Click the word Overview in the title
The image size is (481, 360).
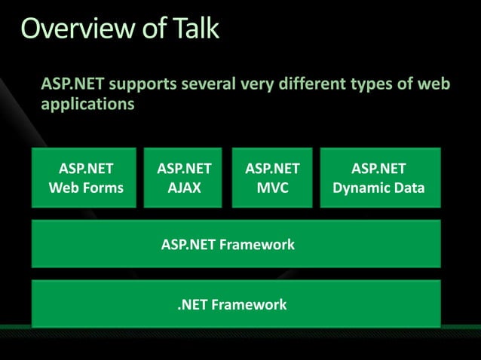click(72, 28)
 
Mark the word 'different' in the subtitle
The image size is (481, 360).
click(311, 84)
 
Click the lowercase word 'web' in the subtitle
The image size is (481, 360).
click(435, 84)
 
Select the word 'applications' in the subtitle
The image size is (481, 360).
click(87, 104)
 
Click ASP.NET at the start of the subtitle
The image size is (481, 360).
click(73, 84)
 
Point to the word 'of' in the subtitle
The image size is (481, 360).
click(406, 84)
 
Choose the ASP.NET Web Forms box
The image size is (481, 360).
click(85, 178)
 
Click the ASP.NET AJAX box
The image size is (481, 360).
click(184, 178)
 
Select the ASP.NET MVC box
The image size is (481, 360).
click(272, 178)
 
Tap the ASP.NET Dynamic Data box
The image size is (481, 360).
click(378, 178)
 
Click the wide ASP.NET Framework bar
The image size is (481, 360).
click(235, 244)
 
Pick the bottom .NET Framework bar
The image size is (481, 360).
click(235, 304)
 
